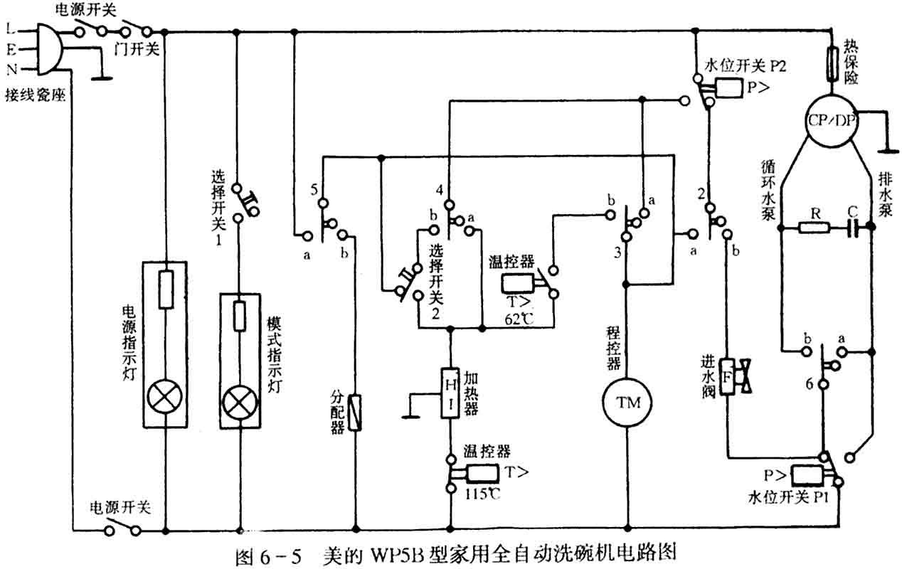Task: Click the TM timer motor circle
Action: click(x=628, y=403)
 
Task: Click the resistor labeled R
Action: click(x=812, y=228)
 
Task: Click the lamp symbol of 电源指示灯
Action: click(x=164, y=400)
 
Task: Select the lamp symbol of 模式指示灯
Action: click(x=238, y=403)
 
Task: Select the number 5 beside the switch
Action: click(x=314, y=190)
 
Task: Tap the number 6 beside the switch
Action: click(x=809, y=383)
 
